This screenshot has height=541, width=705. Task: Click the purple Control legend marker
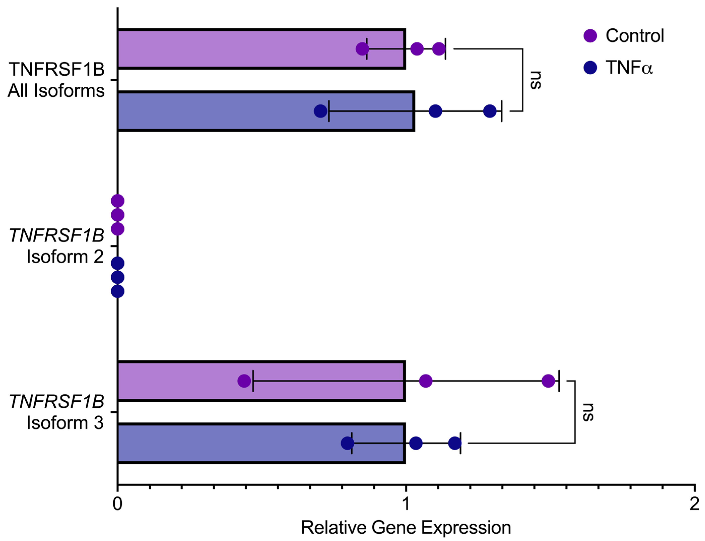[590, 36]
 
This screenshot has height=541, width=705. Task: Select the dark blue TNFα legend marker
[590, 68]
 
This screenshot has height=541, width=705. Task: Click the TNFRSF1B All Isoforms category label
[56, 80]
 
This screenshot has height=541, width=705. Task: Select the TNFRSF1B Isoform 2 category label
[56, 246]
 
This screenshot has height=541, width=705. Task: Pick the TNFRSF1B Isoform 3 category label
[56, 412]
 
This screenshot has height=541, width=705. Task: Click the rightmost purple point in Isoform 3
[548, 381]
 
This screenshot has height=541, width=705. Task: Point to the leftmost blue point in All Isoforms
[320, 111]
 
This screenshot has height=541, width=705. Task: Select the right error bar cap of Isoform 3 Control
[559, 381]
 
